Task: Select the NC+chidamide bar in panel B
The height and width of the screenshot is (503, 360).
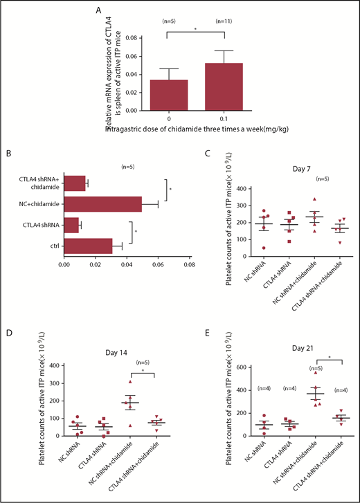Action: [102, 204]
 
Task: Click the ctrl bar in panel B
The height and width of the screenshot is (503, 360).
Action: [88, 245]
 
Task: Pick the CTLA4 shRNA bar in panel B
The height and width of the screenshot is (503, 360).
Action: [71, 224]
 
